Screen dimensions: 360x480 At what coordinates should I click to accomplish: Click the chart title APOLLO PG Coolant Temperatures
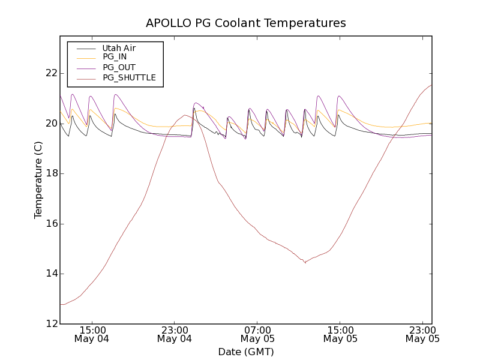[246, 23]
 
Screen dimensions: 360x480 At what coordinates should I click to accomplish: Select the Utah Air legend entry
[119, 48]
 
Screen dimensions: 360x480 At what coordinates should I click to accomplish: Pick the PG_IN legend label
[115, 57]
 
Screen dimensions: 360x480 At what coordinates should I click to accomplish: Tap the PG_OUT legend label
[119, 67]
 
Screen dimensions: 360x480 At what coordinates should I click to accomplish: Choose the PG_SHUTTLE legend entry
[129, 77]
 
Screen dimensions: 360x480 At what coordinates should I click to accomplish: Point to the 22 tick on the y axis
[50, 73]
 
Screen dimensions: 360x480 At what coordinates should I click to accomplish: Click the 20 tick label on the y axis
[50, 124]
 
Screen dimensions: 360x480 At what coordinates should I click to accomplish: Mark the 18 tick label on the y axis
[50, 173]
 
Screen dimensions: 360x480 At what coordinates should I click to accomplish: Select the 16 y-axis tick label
[50, 224]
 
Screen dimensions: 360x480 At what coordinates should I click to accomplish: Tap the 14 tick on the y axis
[50, 274]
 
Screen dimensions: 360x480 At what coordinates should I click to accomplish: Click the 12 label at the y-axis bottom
[50, 324]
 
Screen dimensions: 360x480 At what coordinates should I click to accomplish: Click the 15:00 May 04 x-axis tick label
[92, 334]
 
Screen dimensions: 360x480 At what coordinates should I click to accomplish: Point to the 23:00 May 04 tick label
[175, 334]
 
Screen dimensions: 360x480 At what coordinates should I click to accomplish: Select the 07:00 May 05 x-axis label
[257, 334]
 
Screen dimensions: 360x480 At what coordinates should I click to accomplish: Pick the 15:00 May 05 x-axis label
[340, 334]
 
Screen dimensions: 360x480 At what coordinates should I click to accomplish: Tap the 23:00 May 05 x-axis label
[422, 334]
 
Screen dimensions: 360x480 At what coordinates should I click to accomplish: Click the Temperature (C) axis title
[38, 180]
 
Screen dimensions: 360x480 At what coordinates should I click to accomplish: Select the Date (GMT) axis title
[246, 352]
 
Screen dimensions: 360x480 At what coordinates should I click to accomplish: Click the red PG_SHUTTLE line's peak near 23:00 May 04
[185, 115]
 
